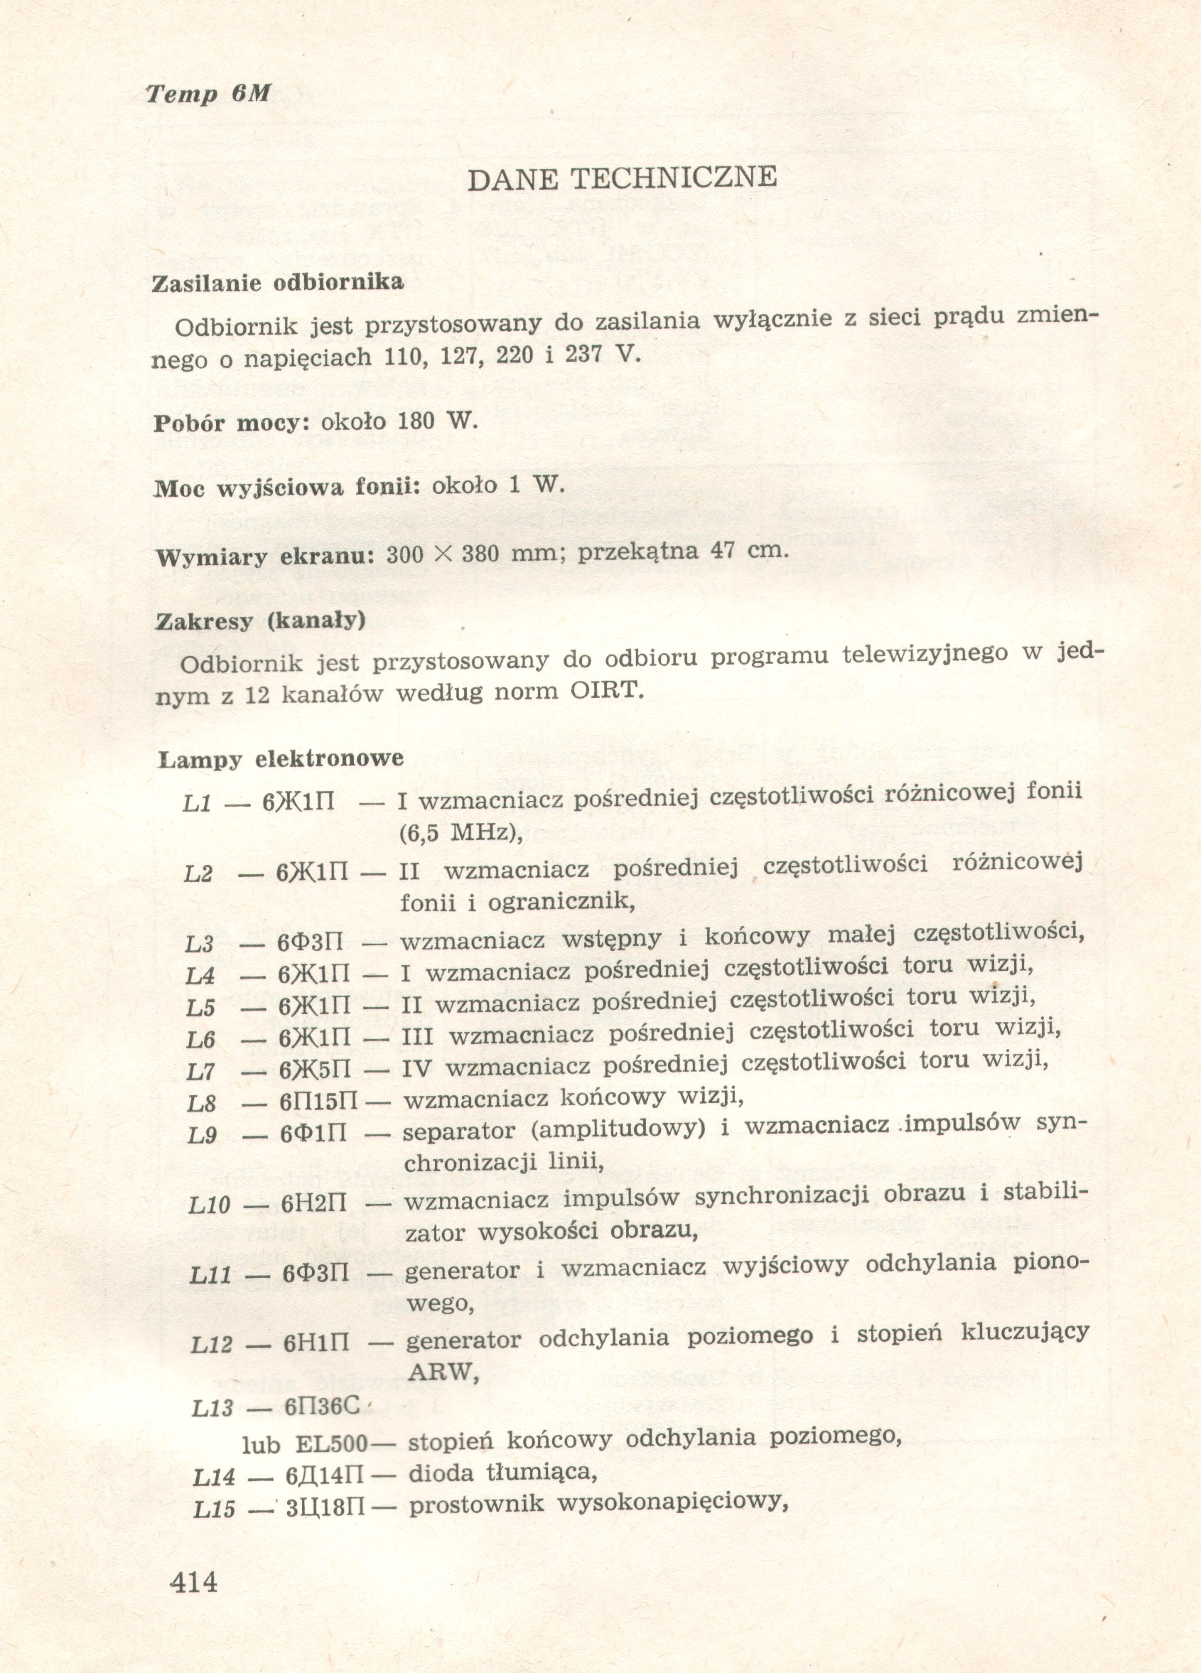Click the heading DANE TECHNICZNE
[x=622, y=178]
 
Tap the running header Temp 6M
[x=208, y=94]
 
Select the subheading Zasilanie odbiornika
[x=277, y=283]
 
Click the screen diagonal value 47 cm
[x=739, y=550]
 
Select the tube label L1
[x=198, y=802]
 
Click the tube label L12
[x=212, y=1344]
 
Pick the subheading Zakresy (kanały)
[x=260, y=621]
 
